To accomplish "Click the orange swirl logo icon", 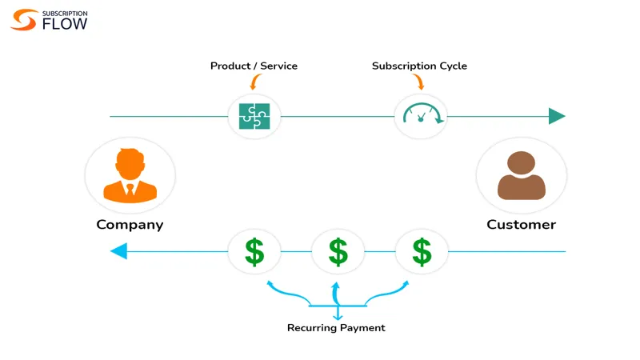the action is (x=24, y=19).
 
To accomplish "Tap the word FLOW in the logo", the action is (x=65, y=24).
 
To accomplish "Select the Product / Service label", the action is (x=254, y=66).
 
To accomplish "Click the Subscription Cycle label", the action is (x=419, y=66).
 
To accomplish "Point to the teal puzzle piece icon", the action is (x=254, y=116).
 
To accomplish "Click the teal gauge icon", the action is (x=423, y=114).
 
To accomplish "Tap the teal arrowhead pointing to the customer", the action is (x=557, y=116).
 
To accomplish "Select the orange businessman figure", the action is (x=130, y=175).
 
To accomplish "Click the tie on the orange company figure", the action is (x=130, y=189).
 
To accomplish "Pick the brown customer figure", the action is (x=522, y=175).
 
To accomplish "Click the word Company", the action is (x=130, y=225).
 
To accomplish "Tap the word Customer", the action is (x=522, y=225).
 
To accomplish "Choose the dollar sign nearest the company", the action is (x=254, y=252).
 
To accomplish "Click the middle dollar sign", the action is (x=338, y=252).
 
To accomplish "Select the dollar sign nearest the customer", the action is (x=422, y=252).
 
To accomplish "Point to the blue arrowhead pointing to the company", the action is (x=118, y=251).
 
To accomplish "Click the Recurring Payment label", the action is (x=336, y=328).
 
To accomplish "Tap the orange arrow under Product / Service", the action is (x=254, y=82).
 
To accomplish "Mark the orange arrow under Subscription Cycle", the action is (x=419, y=82).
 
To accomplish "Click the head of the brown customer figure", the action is (x=522, y=162).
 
